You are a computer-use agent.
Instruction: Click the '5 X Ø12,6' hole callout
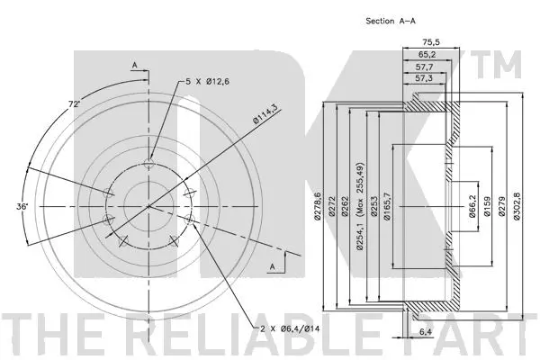[208, 81]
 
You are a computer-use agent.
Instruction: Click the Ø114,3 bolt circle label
[267, 115]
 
